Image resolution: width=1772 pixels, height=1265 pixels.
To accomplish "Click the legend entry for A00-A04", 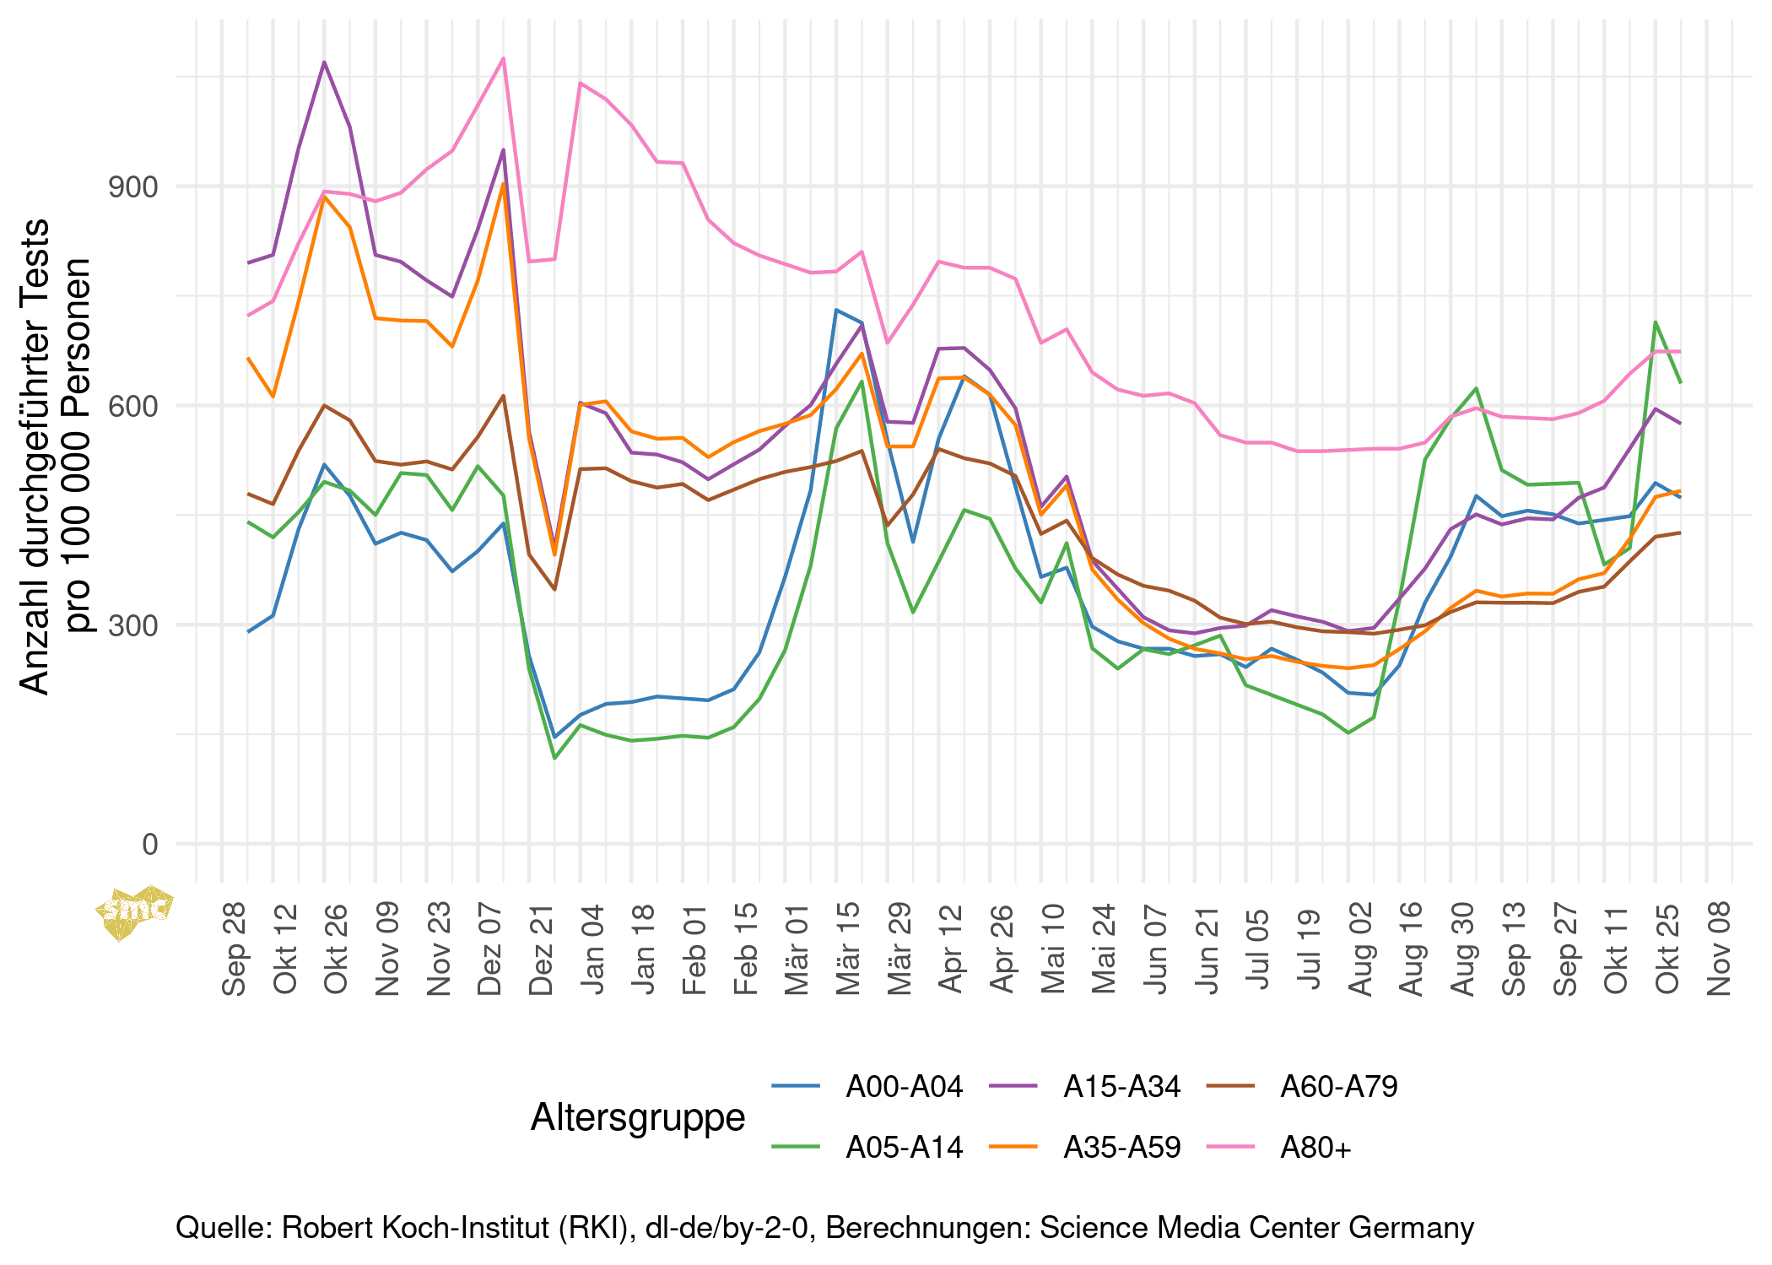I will click(904, 1086).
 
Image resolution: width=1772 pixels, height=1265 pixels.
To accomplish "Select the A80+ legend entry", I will click(1315, 1148).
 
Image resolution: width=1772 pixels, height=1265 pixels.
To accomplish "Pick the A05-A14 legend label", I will click(904, 1148).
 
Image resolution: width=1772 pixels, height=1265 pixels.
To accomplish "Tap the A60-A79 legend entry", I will click(1338, 1086).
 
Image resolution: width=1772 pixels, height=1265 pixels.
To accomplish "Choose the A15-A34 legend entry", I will click(1121, 1086).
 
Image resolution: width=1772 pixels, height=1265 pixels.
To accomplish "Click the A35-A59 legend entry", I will click(1121, 1148).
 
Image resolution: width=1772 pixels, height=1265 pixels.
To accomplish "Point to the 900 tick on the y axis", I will click(133, 187).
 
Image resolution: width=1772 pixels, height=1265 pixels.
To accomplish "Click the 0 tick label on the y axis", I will click(150, 844).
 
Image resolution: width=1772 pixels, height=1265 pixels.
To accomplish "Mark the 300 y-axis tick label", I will click(133, 625).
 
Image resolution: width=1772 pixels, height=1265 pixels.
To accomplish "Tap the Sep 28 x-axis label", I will click(235, 949).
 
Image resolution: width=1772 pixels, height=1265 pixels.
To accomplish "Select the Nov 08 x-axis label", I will click(1719, 949).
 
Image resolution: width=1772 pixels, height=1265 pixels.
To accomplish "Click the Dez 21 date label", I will click(542, 949).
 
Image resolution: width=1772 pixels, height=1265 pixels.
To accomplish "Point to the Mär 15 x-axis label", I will click(848, 949).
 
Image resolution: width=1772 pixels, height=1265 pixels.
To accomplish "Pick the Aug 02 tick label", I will click(1360, 949).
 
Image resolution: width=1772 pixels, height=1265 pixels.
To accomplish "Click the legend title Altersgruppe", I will click(638, 1117).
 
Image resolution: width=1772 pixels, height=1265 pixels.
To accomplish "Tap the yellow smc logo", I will click(135, 911).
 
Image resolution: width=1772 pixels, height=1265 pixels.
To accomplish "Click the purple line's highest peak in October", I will click(324, 62).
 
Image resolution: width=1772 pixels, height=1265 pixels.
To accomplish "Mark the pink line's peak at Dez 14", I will click(504, 58).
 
